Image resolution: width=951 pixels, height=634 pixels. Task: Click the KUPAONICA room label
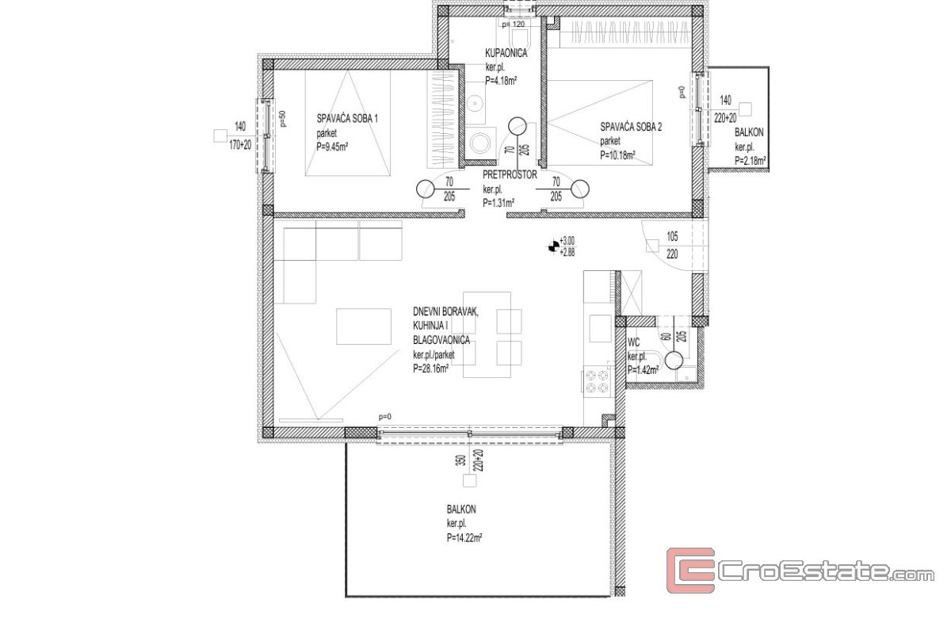(506, 53)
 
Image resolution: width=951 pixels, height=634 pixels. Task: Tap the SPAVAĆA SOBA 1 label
(347, 118)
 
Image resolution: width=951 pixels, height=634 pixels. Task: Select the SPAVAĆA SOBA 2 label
(631, 127)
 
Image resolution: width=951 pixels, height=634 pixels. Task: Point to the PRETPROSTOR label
(510, 174)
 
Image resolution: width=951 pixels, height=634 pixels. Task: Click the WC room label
(633, 342)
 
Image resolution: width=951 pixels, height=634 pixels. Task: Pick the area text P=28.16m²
(431, 369)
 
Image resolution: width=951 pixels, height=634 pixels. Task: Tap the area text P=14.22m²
(464, 538)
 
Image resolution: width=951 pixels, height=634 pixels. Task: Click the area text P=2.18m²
(750, 161)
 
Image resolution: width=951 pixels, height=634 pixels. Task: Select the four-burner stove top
(597, 381)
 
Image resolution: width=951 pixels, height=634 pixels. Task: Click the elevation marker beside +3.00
(554, 246)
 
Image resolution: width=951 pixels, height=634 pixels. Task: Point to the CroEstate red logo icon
(690, 571)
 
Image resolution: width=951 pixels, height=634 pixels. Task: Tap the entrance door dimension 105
(672, 236)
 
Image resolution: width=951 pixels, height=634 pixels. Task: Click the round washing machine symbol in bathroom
(480, 143)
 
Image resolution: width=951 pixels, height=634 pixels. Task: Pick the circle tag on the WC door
(674, 361)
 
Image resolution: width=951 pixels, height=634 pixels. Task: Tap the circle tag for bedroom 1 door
(425, 189)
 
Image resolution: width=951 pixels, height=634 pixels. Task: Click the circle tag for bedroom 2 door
(580, 189)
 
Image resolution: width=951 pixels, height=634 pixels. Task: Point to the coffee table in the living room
(364, 327)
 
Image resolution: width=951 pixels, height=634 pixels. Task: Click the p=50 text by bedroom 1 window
(283, 118)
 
